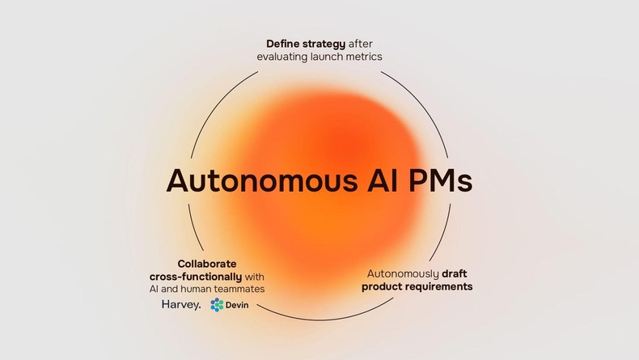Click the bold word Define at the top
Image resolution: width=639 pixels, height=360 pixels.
(286, 42)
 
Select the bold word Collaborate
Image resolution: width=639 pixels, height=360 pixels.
(207, 264)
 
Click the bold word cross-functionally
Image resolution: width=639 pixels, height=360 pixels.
(196, 277)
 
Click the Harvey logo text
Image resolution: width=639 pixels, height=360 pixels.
(181, 305)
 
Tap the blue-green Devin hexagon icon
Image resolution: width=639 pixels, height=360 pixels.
(217, 305)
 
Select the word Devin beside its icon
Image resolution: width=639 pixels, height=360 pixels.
(237, 305)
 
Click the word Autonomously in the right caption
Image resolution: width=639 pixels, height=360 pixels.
(402, 273)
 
